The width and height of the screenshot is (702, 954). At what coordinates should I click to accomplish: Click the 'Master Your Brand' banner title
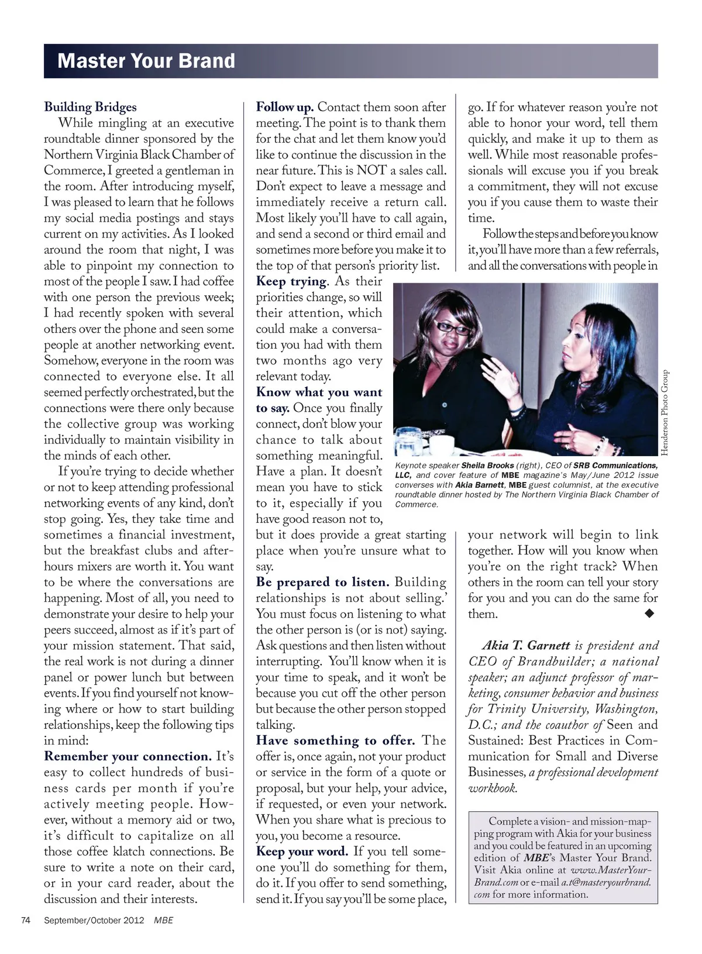tap(146, 61)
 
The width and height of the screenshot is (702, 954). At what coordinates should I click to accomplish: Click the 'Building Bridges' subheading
tap(90, 107)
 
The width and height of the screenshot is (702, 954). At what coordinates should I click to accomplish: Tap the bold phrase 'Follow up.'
tap(285, 107)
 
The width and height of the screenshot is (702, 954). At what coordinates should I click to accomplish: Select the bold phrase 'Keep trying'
tap(291, 281)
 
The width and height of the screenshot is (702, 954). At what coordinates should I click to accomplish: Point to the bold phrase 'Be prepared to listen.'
tap(322, 582)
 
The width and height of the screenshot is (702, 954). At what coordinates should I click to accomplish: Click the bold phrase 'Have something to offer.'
tap(335, 741)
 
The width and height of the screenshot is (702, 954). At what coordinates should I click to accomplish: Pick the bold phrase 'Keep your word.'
tap(302, 851)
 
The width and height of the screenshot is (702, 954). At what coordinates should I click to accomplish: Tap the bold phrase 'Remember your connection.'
tap(128, 756)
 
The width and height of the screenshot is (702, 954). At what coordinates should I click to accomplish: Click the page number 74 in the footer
tap(26, 920)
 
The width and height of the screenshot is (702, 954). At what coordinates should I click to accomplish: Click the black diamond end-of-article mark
tap(649, 613)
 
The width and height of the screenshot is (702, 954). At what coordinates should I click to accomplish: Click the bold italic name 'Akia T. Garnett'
tap(526, 646)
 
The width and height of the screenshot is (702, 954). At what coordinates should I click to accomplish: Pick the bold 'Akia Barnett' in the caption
tap(480, 485)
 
